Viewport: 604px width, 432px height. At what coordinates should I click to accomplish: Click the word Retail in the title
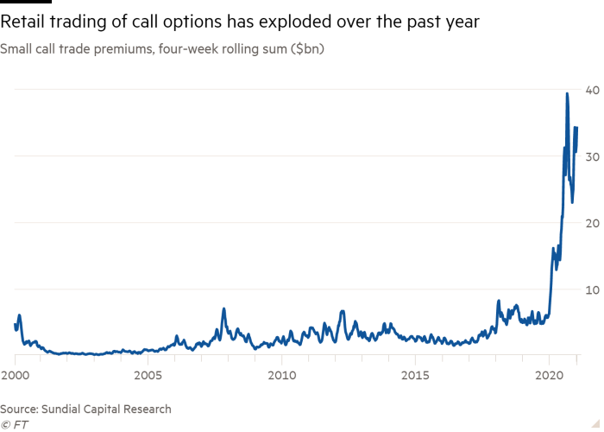25,22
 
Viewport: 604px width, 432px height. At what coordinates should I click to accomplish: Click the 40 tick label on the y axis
593,90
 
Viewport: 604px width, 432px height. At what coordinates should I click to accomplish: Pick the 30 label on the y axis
593,156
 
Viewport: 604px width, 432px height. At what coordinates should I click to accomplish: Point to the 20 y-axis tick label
593,223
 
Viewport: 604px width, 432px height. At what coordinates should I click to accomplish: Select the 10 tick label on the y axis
593,289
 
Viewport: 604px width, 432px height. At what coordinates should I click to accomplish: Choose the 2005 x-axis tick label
148,376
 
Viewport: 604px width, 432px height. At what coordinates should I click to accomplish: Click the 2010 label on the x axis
281,376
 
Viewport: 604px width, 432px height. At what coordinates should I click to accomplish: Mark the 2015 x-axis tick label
415,376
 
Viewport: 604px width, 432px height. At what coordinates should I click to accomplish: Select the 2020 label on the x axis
548,376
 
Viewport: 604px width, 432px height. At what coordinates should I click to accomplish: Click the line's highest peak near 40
567,93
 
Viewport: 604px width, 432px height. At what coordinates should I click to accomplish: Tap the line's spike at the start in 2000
19,315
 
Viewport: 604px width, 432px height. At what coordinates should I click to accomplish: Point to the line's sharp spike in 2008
223,308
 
